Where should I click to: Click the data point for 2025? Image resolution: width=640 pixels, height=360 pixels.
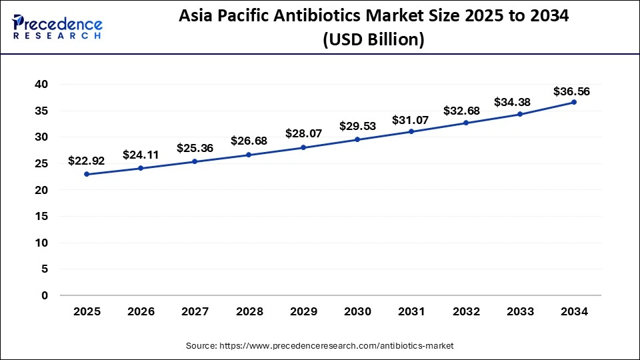point(87,174)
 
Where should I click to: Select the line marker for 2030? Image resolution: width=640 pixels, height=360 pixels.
point(357,139)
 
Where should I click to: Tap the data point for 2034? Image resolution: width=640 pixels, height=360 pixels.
point(573,102)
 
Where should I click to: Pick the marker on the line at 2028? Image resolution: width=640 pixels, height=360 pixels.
point(249,155)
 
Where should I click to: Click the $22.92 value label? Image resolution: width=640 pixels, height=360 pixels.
point(86,161)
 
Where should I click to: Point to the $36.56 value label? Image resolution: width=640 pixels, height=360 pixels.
point(571,91)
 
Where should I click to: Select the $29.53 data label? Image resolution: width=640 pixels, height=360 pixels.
point(357,126)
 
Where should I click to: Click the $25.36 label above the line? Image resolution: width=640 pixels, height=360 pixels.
point(195,148)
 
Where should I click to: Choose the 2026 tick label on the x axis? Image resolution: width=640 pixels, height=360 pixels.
point(141,311)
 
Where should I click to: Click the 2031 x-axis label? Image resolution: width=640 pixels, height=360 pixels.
point(411,311)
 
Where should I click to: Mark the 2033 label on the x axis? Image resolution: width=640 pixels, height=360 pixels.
point(519,311)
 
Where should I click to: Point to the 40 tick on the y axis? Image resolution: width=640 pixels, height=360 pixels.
point(41,85)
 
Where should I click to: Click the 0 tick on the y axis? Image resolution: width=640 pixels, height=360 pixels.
point(45,295)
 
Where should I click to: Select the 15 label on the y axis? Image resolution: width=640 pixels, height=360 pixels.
point(41,217)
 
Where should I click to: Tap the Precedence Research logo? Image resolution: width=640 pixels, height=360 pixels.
point(57,27)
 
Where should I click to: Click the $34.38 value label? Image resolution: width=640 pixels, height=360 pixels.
point(518,102)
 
